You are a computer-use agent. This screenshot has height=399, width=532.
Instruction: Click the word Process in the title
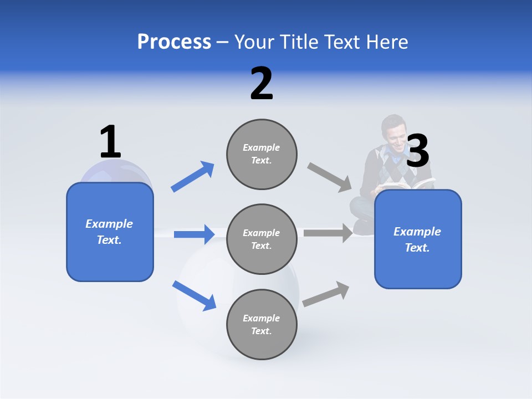click(174, 42)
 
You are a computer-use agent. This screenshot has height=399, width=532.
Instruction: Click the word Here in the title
click(387, 42)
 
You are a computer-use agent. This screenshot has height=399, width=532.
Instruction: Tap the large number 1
click(110, 142)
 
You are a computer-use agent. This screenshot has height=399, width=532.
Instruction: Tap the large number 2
click(262, 84)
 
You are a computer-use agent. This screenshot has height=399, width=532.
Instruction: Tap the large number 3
click(417, 151)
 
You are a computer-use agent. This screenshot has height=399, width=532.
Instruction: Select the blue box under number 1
click(110, 232)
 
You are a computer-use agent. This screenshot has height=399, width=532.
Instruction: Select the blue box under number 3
click(418, 239)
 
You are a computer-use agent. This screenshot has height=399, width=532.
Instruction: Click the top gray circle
click(262, 154)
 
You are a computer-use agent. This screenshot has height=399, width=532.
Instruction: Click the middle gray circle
click(262, 239)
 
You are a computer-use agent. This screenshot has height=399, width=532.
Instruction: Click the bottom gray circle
click(262, 324)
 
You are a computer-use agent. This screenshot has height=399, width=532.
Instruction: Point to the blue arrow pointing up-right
click(192, 177)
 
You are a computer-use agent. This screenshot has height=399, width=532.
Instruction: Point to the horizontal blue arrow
click(194, 234)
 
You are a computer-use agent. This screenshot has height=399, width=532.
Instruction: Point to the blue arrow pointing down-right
click(194, 295)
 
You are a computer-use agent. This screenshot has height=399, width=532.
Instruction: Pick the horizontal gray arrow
click(328, 233)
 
